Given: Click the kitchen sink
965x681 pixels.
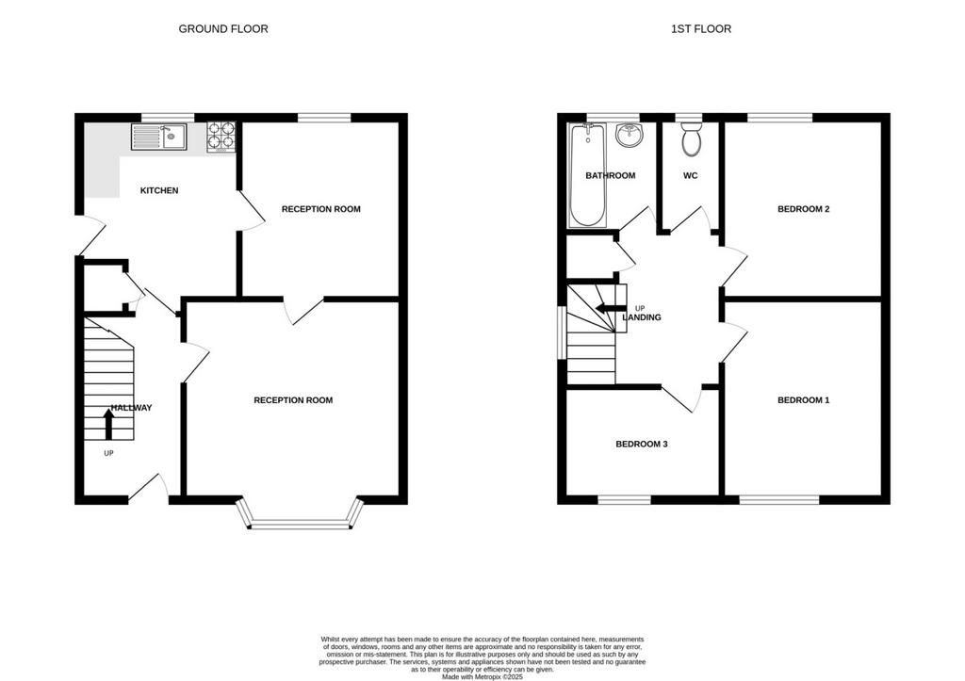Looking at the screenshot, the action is pyautogui.click(x=158, y=137).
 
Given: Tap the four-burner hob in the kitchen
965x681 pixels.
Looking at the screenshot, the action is pyautogui.click(x=221, y=137).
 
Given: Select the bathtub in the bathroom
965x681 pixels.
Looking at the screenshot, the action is pyautogui.click(x=587, y=175).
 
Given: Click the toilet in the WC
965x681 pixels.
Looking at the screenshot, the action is pyautogui.click(x=692, y=138).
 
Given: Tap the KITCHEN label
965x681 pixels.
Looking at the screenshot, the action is pyautogui.click(x=159, y=190).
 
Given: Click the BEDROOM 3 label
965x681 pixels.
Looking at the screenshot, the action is pyautogui.click(x=642, y=445).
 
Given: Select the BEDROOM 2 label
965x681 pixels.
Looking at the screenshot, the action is pyautogui.click(x=804, y=209).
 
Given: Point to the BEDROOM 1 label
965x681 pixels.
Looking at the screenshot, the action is pyautogui.click(x=804, y=400).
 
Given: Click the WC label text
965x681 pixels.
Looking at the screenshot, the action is pyautogui.click(x=691, y=176).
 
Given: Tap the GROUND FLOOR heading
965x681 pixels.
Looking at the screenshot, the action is pyautogui.click(x=223, y=29).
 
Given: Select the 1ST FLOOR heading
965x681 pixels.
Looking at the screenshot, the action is pyautogui.click(x=701, y=29).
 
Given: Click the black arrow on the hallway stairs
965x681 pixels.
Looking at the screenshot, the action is pyautogui.click(x=109, y=425).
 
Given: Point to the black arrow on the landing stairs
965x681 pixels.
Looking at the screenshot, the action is pyautogui.click(x=611, y=308).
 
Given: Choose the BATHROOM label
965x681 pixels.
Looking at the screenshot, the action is pyautogui.click(x=611, y=176).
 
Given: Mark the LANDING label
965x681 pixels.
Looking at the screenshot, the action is pyautogui.click(x=642, y=318).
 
